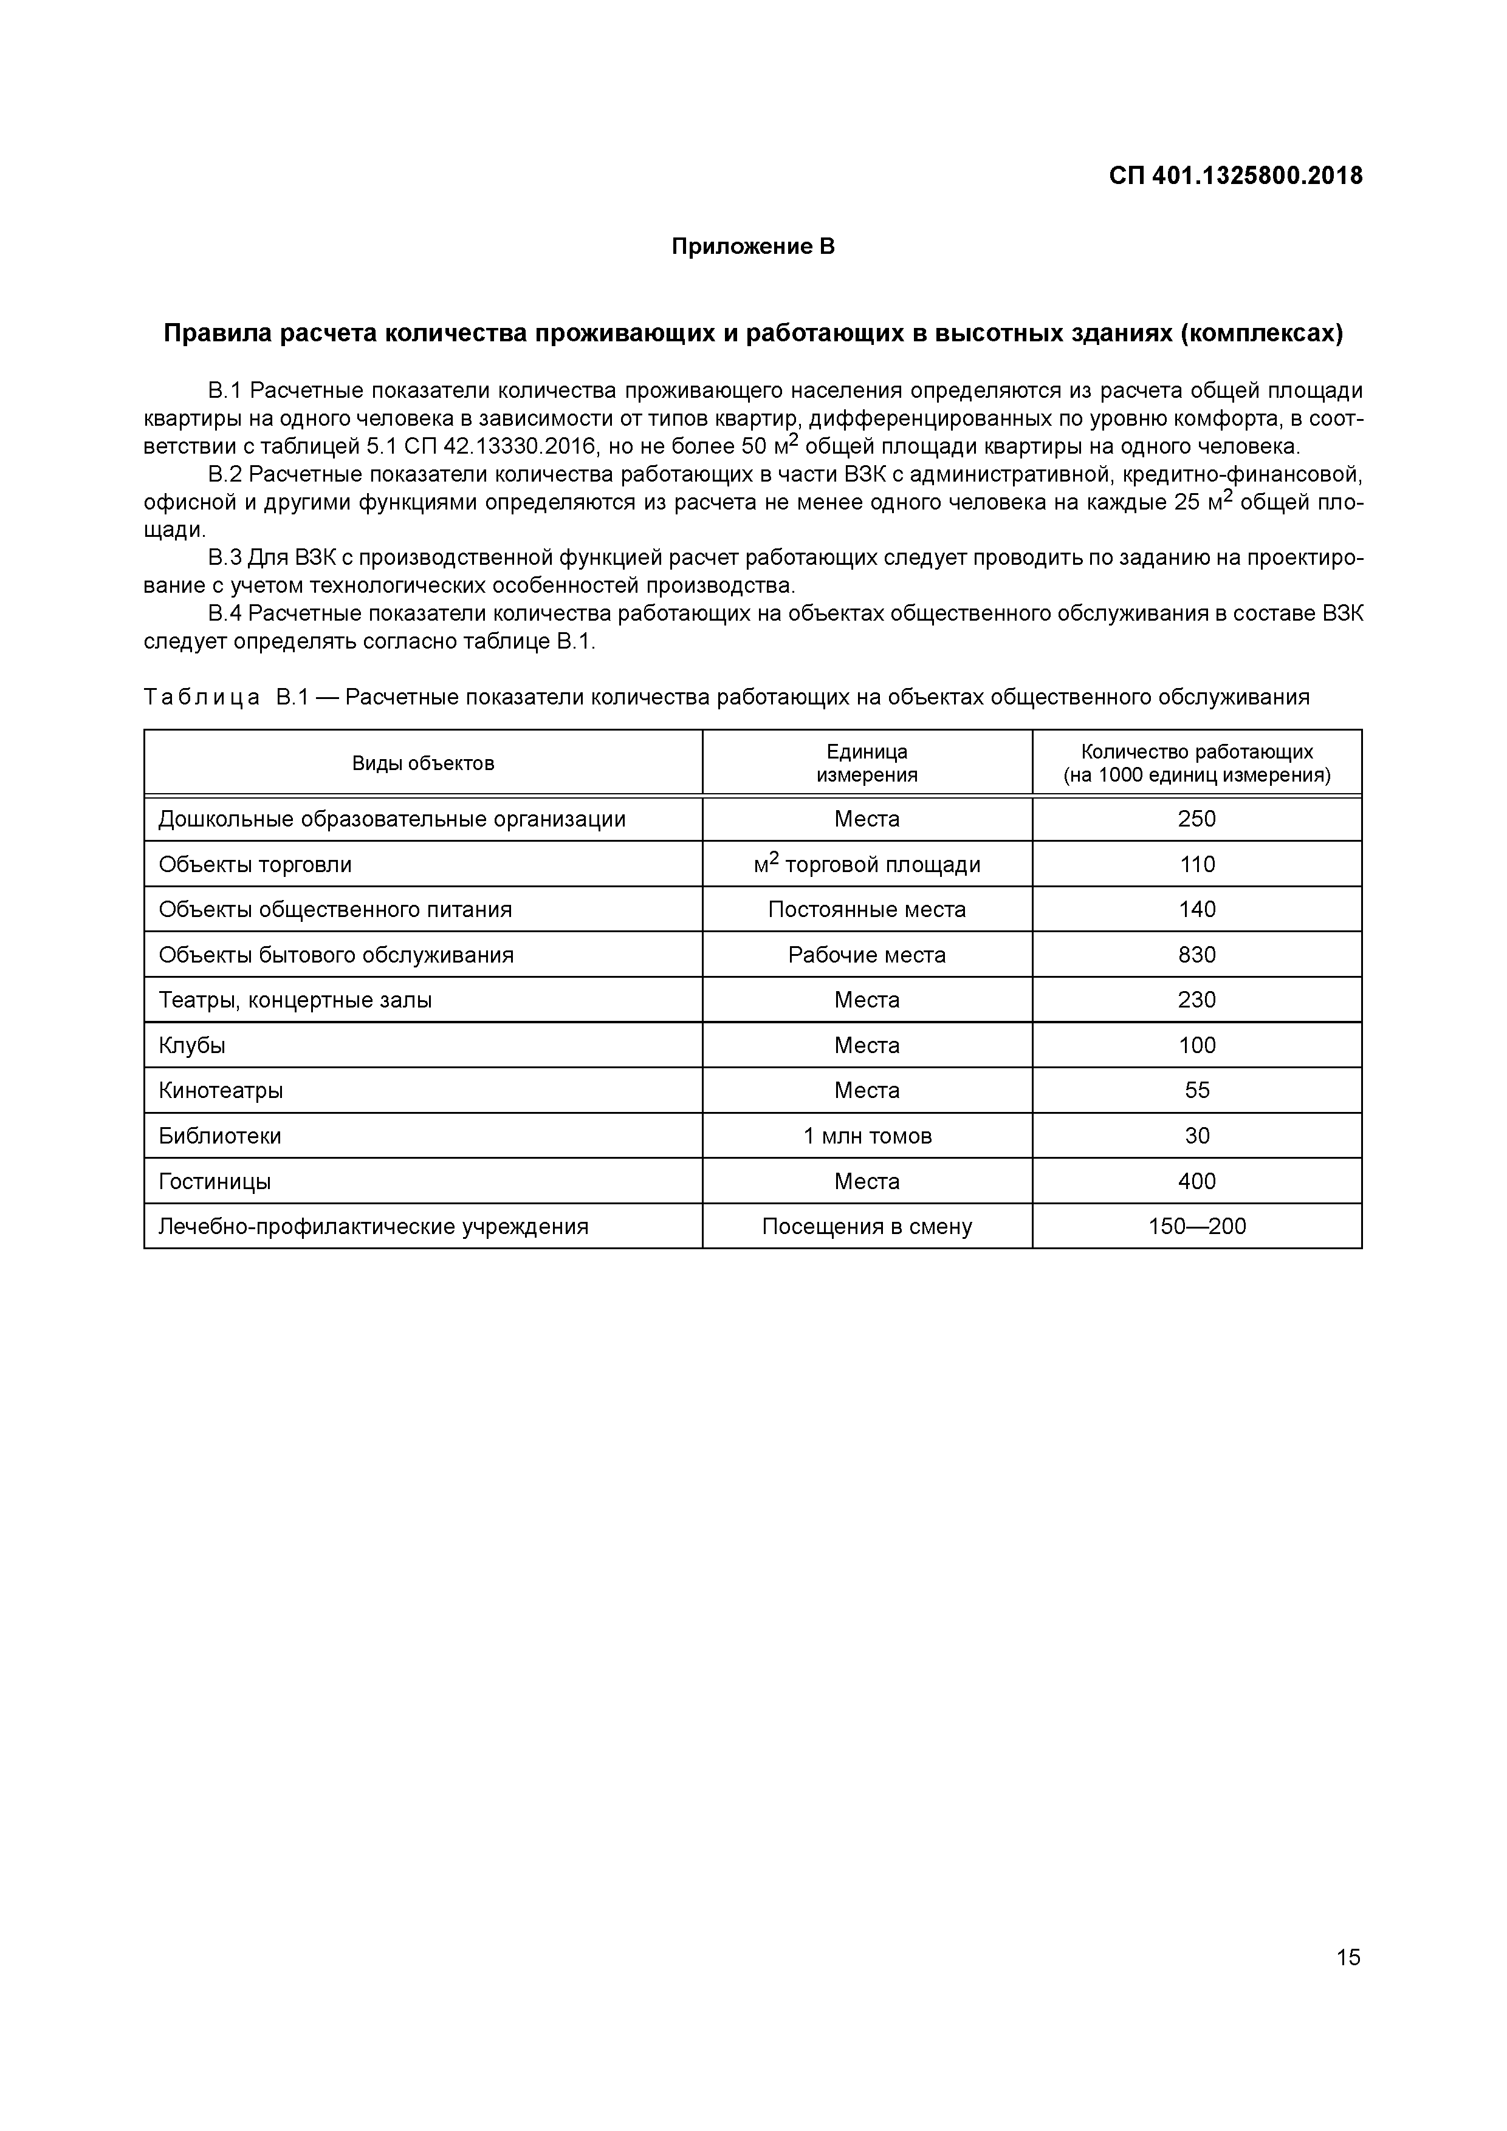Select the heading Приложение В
coord(753,247)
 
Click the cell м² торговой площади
coord(867,864)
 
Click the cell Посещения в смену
coord(867,1226)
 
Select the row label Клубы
coord(192,1045)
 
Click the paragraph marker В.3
coord(225,558)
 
